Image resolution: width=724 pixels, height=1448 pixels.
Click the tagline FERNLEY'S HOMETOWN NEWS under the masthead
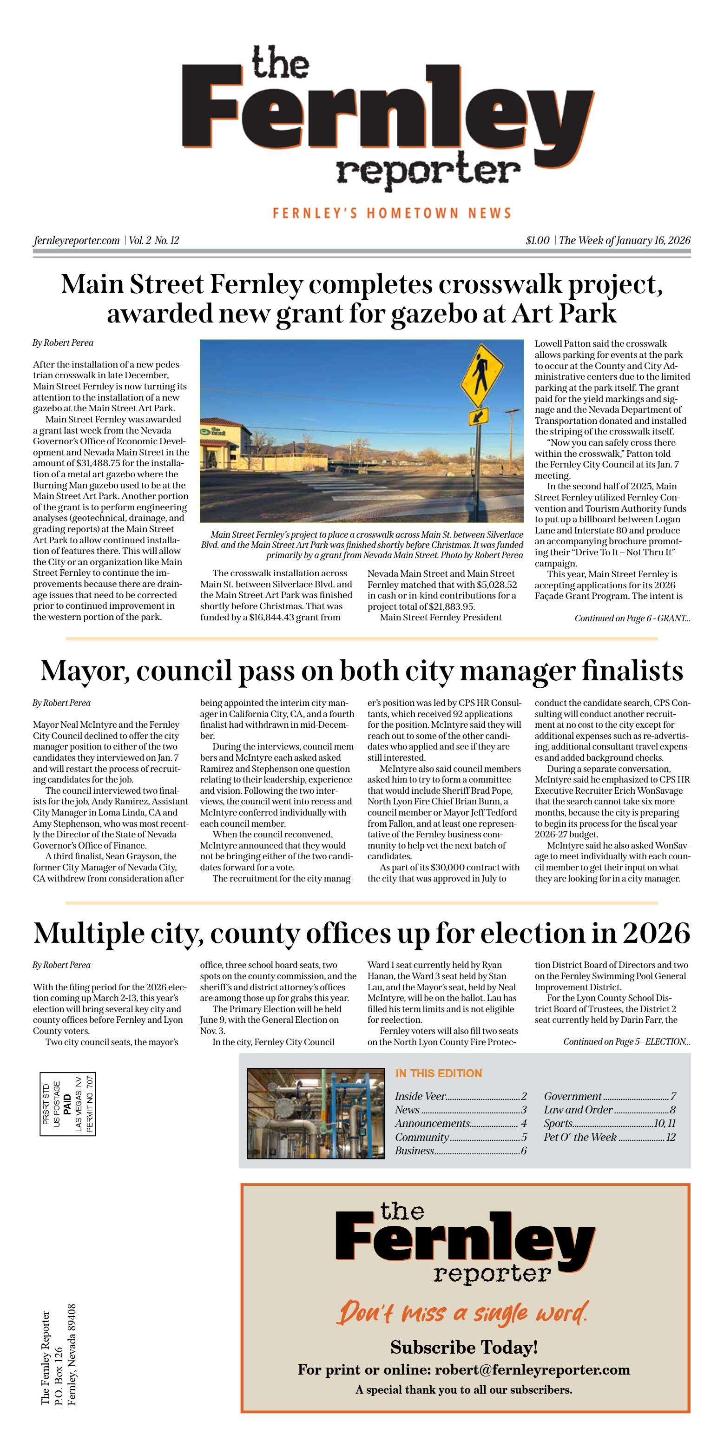[392, 213]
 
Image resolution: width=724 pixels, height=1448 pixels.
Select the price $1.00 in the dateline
[537, 241]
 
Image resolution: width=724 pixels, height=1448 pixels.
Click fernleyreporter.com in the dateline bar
[77, 241]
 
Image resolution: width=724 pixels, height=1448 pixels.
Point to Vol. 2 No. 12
[153, 241]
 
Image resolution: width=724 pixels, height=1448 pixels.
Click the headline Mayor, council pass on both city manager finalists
[362, 671]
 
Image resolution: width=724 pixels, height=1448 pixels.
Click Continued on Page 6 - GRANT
[632, 619]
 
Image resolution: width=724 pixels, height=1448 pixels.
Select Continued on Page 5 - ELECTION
[626, 1041]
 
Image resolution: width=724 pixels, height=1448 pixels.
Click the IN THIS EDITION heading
[439, 1073]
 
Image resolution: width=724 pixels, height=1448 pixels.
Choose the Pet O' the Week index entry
[609, 1137]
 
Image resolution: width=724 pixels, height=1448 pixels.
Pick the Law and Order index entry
[609, 1110]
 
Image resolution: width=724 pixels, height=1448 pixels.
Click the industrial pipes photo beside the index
[316, 1113]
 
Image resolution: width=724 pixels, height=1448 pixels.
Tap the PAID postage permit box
[67, 1104]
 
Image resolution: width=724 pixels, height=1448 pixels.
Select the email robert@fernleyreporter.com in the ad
[532, 1369]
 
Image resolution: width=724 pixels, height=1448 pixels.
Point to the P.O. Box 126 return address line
[59, 1376]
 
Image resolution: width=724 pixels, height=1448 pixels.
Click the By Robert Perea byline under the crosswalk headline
[63, 343]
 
